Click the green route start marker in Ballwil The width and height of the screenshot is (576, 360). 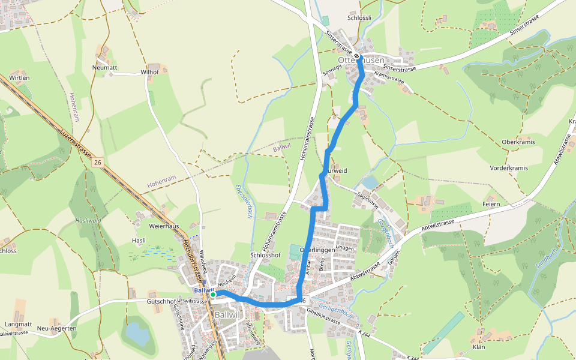(x=213, y=295)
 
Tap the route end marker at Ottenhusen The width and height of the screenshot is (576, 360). (x=358, y=56)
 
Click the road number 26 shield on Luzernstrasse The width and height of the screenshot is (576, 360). (x=97, y=163)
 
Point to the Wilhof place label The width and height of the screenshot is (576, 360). (x=149, y=72)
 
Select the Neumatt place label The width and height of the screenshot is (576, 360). (x=104, y=68)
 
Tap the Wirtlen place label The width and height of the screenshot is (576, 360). (x=19, y=78)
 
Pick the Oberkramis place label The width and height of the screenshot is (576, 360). (x=518, y=142)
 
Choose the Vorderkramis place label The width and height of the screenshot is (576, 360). (x=509, y=168)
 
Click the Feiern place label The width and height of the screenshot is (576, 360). (x=491, y=205)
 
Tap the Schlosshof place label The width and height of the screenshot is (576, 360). (x=265, y=255)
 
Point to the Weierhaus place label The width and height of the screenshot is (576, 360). (x=164, y=226)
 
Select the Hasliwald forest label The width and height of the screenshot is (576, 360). (x=87, y=221)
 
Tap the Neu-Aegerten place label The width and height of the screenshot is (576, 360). (x=57, y=328)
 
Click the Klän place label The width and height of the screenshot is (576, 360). (x=479, y=347)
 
